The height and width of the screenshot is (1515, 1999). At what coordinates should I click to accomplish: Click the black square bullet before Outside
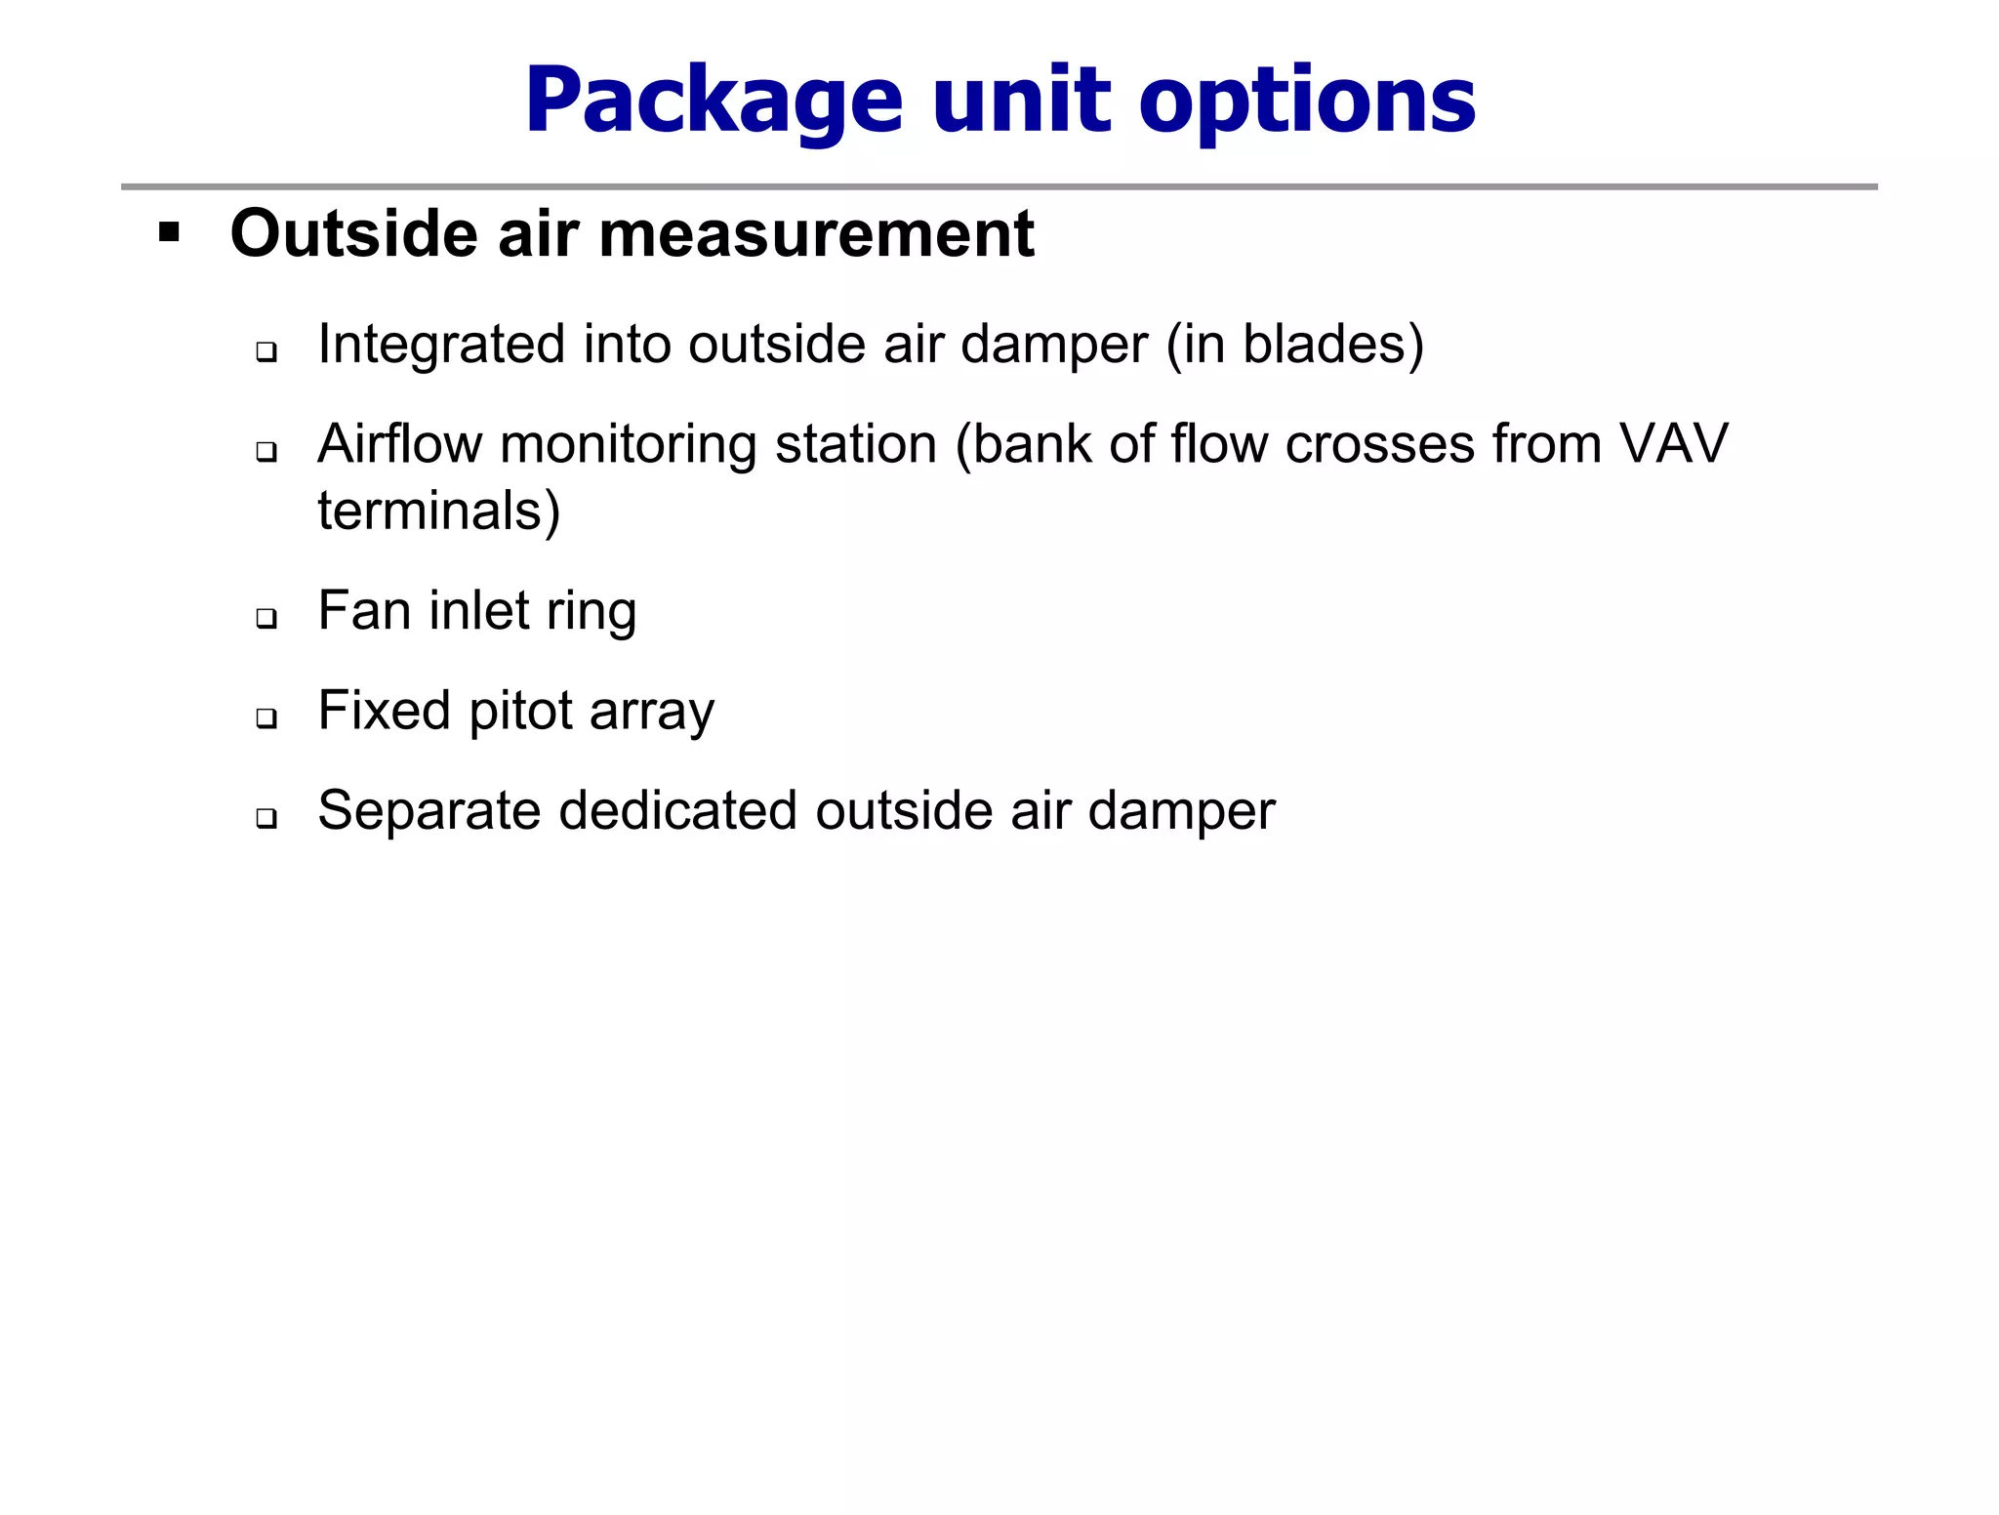click(x=170, y=232)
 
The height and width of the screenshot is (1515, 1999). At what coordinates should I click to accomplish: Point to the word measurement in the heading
click(x=816, y=234)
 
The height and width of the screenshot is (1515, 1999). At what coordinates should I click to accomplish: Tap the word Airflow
click(x=399, y=444)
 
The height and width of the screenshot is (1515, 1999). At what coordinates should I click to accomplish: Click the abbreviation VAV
click(x=1673, y=444)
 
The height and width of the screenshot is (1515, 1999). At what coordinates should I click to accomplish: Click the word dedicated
click(x=678, y=810)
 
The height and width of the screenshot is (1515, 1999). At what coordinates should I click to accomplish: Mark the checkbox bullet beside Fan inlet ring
click(x=266, y=618)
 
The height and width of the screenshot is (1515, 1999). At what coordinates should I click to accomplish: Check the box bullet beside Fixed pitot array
click(x=266, y=717)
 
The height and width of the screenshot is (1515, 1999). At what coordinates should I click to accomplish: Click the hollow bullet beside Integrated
click(x=266, y=351)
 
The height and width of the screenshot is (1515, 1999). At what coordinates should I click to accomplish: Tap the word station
click(x=856, y=444)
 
